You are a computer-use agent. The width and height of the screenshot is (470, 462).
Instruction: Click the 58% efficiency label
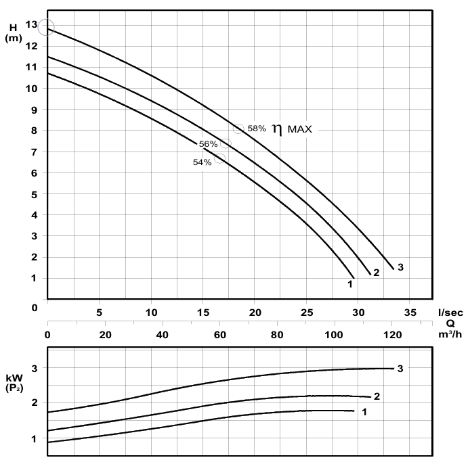[257, 128]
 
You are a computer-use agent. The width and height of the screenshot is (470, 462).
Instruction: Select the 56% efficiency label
[208, 144]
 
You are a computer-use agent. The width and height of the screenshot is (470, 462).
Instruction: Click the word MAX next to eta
[300, 129]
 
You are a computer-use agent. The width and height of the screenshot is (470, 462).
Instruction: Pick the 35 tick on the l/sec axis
[410, 313]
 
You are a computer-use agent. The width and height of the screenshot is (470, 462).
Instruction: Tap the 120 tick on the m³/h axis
[391, 334]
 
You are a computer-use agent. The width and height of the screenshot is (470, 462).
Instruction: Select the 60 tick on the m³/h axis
[219, 334]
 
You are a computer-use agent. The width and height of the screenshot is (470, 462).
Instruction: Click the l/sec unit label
[450, 313]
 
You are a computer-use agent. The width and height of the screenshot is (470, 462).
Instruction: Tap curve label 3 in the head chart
[401, 267]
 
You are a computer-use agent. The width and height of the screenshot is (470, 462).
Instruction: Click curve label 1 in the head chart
[350, 284]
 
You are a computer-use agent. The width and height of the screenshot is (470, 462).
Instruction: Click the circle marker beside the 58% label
[238, 128]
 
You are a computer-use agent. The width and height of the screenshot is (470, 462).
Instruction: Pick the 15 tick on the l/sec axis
[203, 313]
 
